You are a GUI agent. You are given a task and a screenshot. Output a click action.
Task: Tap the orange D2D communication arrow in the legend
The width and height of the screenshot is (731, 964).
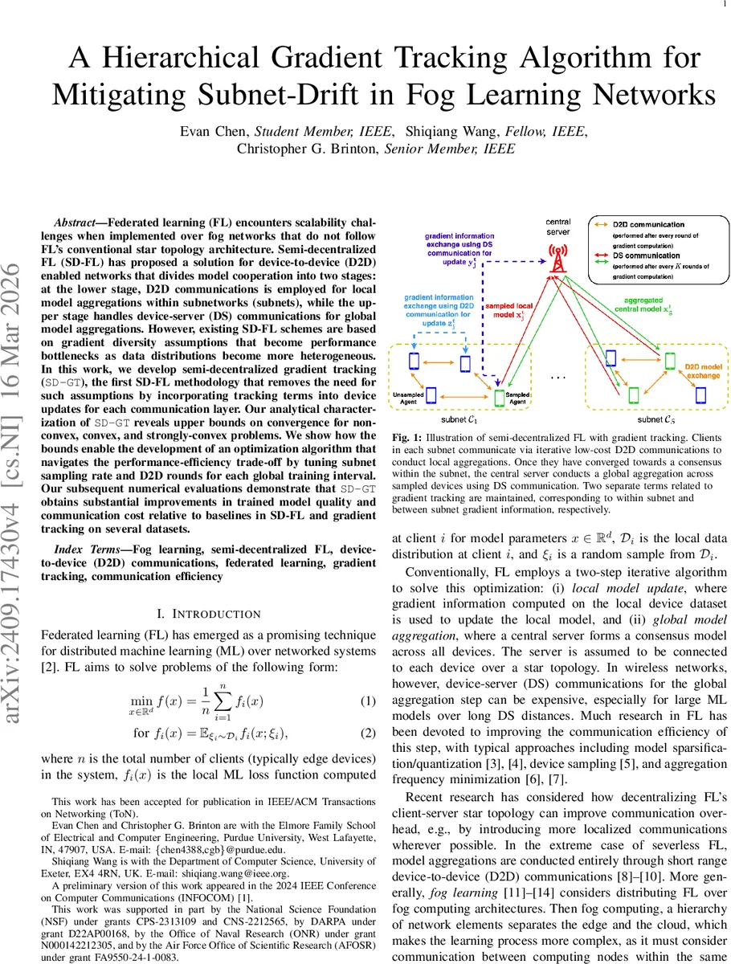point(602,225)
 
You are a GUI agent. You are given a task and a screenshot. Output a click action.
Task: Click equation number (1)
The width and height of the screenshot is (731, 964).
point(367,701)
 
